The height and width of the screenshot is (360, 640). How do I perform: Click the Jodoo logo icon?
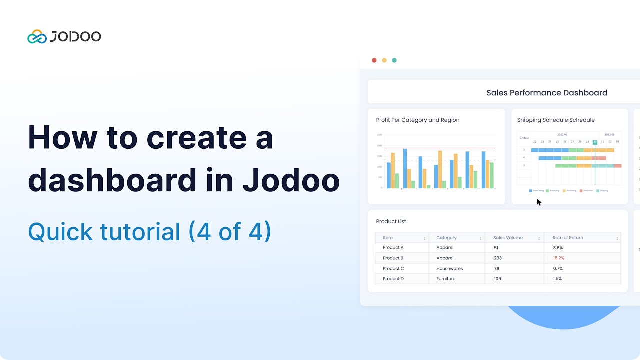click(x=37, y=37)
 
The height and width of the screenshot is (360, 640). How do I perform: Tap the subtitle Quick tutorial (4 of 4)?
click(x=149, y=232)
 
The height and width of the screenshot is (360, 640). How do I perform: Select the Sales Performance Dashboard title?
click(x=547, y=93)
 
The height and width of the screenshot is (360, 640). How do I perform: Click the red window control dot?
click(x=374, y=60)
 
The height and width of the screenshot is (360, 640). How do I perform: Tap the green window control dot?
click(x=394, y=60)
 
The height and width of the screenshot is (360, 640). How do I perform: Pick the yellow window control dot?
click(x=384, y=60)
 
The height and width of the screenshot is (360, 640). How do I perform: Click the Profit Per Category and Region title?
click(x=417, y=120)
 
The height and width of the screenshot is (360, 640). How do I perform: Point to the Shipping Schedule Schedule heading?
click(x=556, y=120)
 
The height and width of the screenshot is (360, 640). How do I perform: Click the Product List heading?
click(x=391, y=221)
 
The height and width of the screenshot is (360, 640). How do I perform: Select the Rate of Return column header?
click(x=568, y=238)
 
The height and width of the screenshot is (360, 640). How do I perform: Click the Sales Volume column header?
click(x=508, y=238)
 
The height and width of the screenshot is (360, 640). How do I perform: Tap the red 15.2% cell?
click(x=558, y=258)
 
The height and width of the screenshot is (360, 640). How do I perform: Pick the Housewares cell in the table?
click(x=449, y=269)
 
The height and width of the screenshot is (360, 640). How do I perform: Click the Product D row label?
click(x=393, y=279)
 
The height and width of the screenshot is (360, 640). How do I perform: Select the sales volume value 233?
click(x=497, y=258)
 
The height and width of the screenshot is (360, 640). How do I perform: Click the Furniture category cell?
click(x=446, y=279)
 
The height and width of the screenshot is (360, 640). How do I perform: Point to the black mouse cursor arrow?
click(x=539, y=202)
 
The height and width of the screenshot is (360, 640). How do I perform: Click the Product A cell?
click(x=393, y=248)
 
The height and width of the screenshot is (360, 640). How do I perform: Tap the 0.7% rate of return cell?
click(x=558, y=269)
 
